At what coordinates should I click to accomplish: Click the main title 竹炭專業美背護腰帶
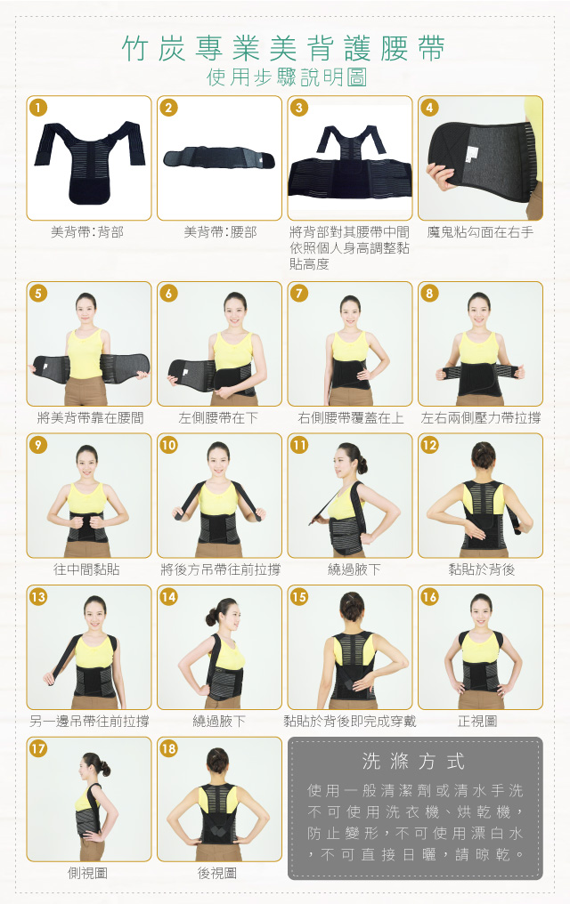tap(284, 48)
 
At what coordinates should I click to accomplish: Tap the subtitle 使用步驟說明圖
tap(286, 77)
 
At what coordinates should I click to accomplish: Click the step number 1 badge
tap(38, 108)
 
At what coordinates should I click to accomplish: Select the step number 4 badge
tap(429, 108)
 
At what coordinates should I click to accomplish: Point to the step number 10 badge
tap(168, 445)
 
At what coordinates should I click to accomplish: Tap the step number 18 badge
tap(168, 748)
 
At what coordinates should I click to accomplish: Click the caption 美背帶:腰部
tap(220, 232)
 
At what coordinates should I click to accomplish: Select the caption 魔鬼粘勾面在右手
tap(480, 232)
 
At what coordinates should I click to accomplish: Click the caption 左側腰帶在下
tap(218, 418)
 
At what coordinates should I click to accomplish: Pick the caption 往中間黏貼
tap(87, 569)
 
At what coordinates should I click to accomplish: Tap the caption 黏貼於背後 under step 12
tap(481, 569)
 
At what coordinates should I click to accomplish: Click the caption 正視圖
tap(477, 722)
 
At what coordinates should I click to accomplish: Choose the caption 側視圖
tap(87, 873)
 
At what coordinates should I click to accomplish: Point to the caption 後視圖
tap(217, 873)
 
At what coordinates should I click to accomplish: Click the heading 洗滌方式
tap(413, 762)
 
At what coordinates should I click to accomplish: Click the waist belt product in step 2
tap(219, 157)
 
